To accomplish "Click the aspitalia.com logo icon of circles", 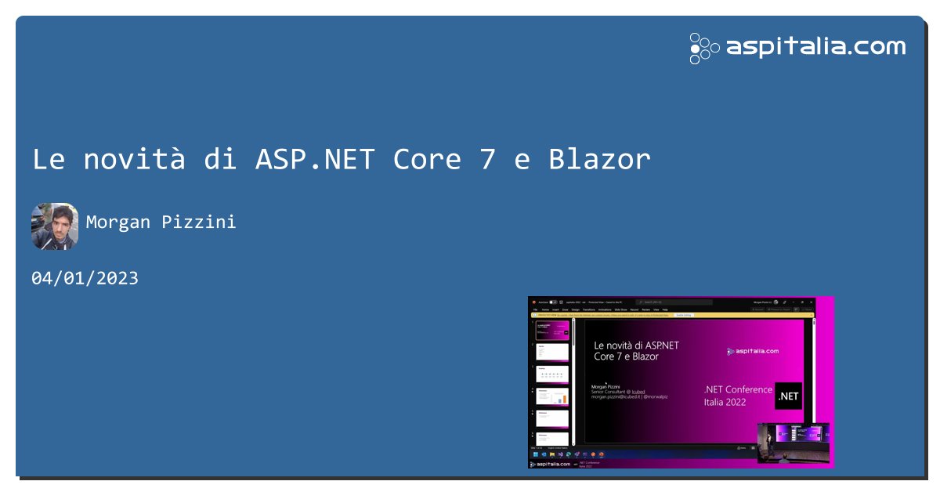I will (x=704, y=48).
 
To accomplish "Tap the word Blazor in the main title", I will (x=599, y=159).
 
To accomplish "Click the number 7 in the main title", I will (x=488, y=159).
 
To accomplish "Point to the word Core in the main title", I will (x=427, y=159).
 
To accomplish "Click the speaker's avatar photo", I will (x=55, y=226).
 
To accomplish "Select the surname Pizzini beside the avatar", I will (x=199, y=222).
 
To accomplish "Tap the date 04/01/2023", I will (x=85, y=278).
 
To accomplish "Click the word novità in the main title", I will (x=135, y=159).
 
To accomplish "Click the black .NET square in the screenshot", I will (x=788, y=396).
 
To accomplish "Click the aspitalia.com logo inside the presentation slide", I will (x=753, y=351).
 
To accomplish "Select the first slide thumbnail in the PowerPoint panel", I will (x=552, y=330).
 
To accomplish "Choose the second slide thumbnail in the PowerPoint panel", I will (x=552, y=352).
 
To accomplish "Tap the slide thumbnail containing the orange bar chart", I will (x=552, y=396).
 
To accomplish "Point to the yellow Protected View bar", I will (x=672, y=315).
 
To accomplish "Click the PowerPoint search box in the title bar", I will (x=674, y=302).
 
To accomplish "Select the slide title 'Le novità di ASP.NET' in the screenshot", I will (x=636, y=345).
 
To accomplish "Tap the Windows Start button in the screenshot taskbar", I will (x=536, y=454).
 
